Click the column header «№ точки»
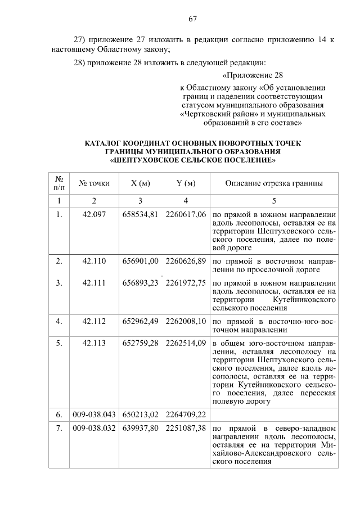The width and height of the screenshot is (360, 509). click(x=94, y=183)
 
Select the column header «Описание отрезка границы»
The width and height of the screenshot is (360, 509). click(x=274, y=183)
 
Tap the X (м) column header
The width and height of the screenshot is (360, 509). click(x=140, y=183)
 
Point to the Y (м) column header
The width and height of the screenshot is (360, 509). click(x=186, y=183)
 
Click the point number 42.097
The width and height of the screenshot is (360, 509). click(x=94, y=214)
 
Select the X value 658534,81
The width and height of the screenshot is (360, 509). click(x=141, y=214)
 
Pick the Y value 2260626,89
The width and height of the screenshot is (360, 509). click(x=186, y=262)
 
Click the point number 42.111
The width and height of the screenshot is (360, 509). click(x=94, y=283)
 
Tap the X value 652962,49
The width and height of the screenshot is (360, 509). click(x=141, y=321)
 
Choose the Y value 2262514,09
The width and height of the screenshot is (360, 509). click(x=186, y=343)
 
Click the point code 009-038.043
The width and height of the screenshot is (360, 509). click(x=94, y=415)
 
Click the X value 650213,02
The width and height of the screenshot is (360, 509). click(x=141, y=415)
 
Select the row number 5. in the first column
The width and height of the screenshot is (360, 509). click(x=59, y=343)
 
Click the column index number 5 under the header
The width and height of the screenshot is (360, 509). click(x=274, y=200)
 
